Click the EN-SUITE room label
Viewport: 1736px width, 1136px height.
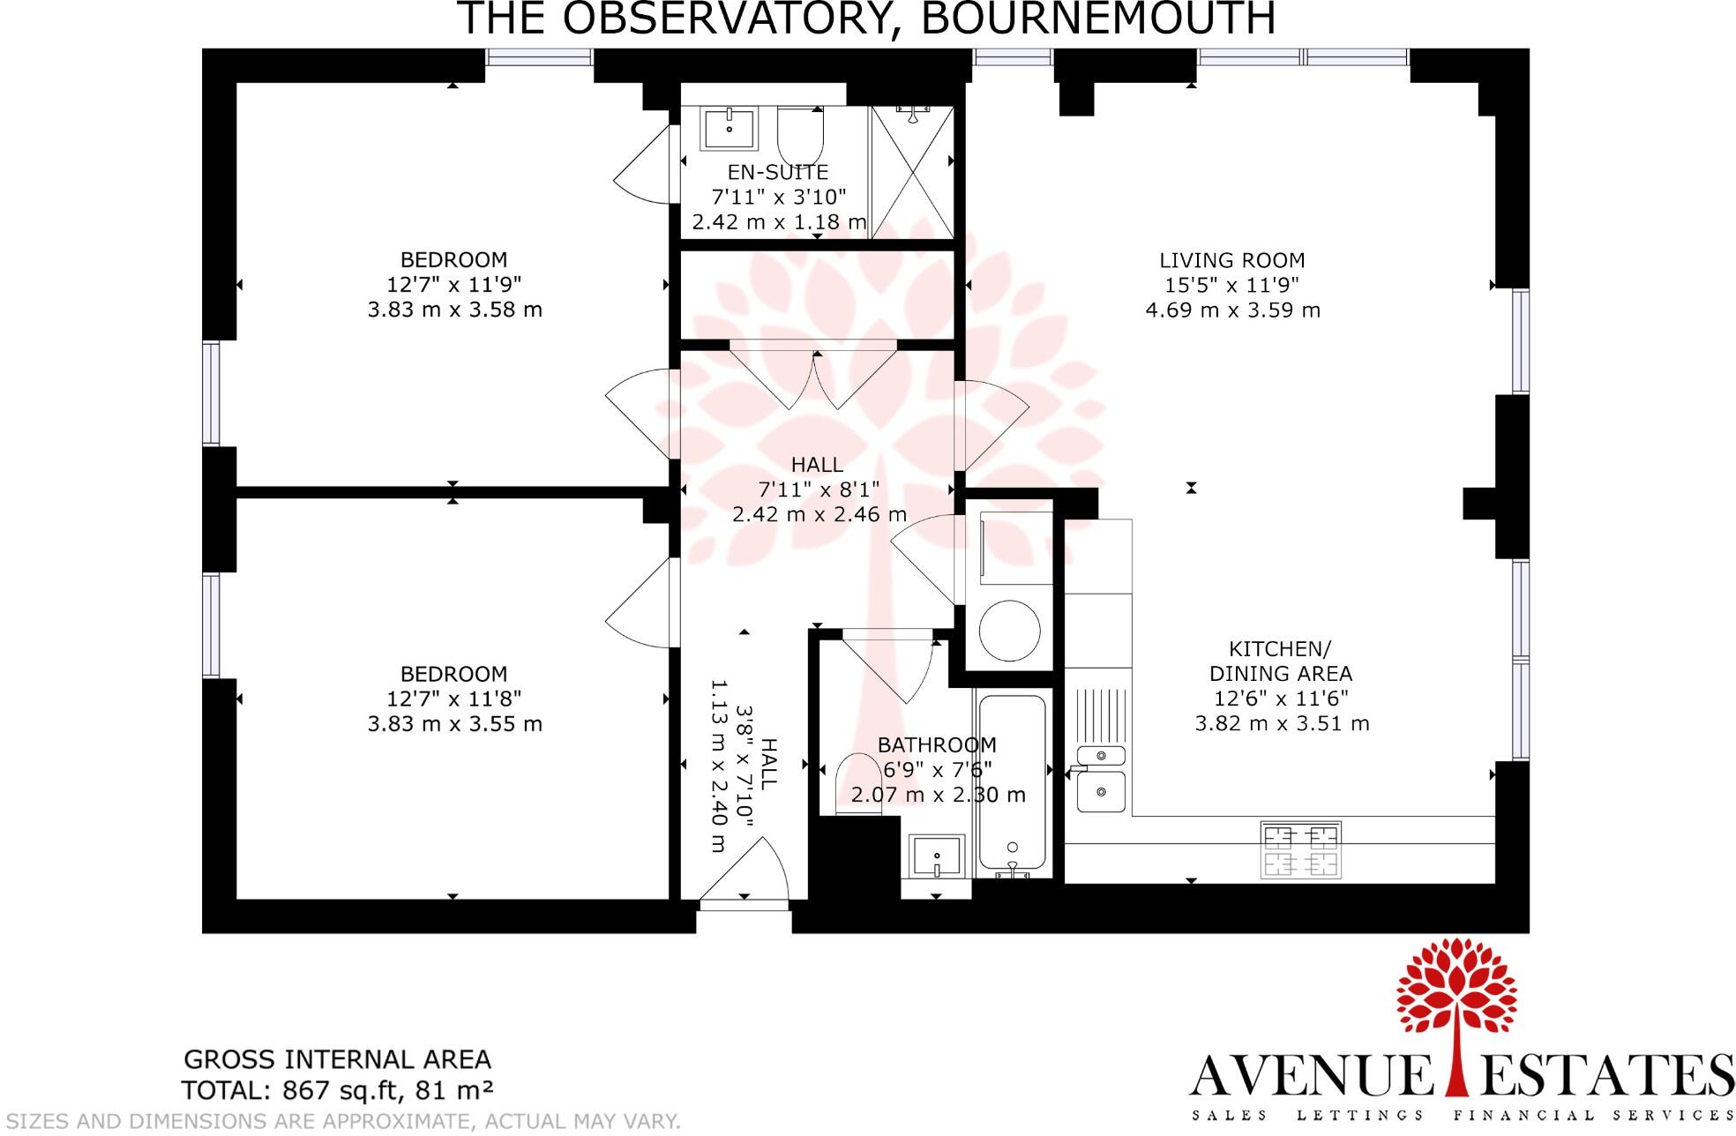[777, 172]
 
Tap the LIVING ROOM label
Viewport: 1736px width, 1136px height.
[1231, 260]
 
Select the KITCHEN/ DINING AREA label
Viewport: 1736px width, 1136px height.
[1280, 661]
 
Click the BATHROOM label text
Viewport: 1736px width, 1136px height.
[937, 744]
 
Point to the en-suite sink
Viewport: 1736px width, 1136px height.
[730, 129]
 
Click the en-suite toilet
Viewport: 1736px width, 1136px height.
[800, 137]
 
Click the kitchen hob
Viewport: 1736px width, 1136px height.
[1300, 850]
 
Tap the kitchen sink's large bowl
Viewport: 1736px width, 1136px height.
[1100, 791]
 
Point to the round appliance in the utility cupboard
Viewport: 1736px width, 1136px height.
[1009, 631]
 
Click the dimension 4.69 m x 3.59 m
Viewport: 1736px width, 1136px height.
[1231, 310]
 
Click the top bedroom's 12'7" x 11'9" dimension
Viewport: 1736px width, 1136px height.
[454, 284]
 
